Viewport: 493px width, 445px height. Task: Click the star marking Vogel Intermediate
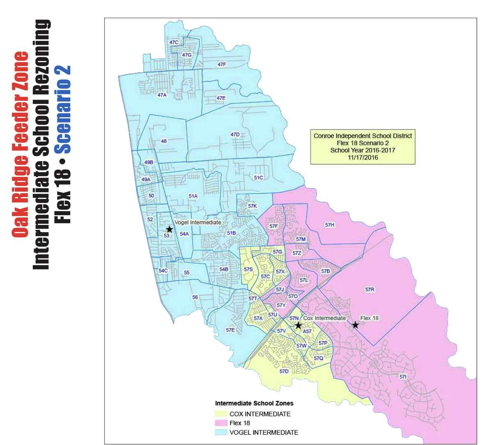click(169, 229)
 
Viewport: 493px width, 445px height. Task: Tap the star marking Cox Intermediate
click(298, 325)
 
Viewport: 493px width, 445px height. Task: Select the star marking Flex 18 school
click(355, 325)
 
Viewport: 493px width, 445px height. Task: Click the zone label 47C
click(174, 42)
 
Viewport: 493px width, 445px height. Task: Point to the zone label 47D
click(235, 135)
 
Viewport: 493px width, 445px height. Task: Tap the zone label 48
click(164, 141)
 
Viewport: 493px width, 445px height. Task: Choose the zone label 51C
click(258, 178)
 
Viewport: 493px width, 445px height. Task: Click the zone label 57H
click(329, 225)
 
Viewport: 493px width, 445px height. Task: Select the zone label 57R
click(370, 290)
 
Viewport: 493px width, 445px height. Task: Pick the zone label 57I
click(403, 376)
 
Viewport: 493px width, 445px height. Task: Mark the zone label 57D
click(284, 371)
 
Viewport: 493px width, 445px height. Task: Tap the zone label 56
click(195, 297)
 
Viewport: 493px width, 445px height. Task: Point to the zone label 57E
click(230, 330)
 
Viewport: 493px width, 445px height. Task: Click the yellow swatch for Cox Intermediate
click(221, 414)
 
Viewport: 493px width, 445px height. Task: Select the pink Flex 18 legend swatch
click(221, 423)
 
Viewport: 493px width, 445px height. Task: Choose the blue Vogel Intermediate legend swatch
click(221, 432)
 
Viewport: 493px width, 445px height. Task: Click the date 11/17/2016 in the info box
click(362, 157)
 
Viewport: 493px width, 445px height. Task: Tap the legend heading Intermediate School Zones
click(254, 403)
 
